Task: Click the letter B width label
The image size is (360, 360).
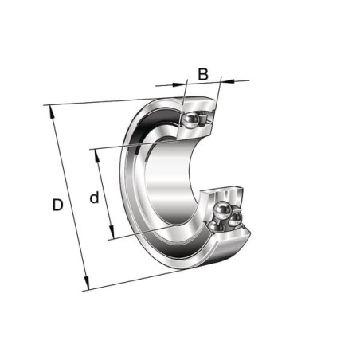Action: pyautogui.click(x=203, y=74)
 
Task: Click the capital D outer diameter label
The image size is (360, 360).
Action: pyautogui.click(x=57, y=205)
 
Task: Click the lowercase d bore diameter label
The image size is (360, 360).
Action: pyautogui.click(x=94, y=197)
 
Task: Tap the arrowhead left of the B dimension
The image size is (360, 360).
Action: pyautogui.click(x=178, y=84)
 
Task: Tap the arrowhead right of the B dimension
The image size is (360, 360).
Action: pyautogui.click(x=229, y=80)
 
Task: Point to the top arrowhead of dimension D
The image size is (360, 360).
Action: pyautogui.click(x=52, y=112)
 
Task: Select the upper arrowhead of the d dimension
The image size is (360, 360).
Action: pyautogui.click(x=97, y=156)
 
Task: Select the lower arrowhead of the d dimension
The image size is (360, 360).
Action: pyautogui.click(x=112, y=232)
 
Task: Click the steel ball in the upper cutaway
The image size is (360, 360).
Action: pyautogui.click(x=190, y=120)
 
